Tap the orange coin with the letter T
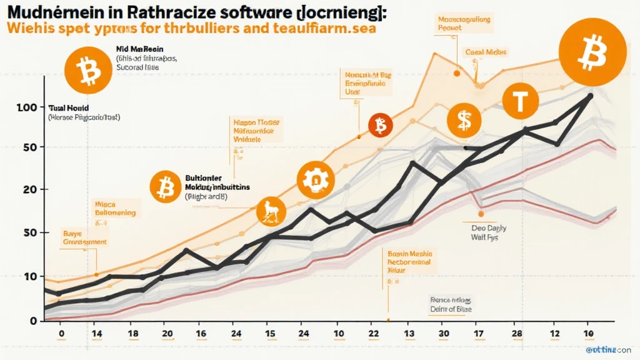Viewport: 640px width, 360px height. (519, 101)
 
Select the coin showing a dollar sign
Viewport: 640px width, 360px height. (464, 121)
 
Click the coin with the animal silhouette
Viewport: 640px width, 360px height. (272, 212)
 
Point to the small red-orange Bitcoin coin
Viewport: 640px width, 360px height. (379, 126)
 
